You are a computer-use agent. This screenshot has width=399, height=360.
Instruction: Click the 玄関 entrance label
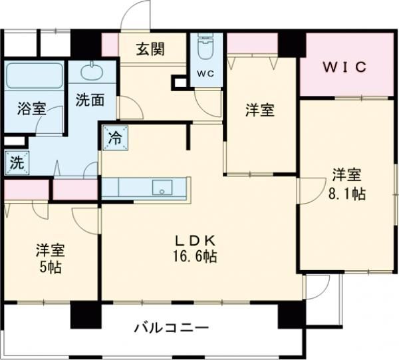(151, 49)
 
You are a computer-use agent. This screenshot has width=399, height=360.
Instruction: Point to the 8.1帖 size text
(346, 194)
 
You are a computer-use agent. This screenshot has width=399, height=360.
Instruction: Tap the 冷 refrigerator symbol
(114, 139)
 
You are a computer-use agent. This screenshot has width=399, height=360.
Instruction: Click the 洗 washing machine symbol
(16, 162)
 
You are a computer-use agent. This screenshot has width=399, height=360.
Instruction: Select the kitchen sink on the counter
(162, 187)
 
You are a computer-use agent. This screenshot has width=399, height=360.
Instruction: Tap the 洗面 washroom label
(89, 101)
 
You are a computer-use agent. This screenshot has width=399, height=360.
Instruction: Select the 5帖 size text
(51, 268)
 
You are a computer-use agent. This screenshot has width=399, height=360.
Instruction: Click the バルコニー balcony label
(172, 328)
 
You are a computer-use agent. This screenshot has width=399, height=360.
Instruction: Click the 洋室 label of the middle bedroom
(259, 110)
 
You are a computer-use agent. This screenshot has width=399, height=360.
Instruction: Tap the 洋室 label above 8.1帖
(346, 176)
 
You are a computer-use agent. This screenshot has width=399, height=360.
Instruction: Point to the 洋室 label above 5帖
(51, 250)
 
